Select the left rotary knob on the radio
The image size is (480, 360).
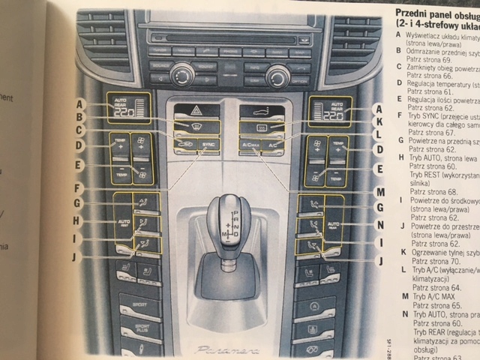tap(181, 73)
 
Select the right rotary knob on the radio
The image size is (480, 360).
tap(277, 74)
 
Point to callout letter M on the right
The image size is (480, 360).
tap(382, 192)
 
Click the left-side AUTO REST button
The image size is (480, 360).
tap(123, 223)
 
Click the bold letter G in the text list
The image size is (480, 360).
tap(400, 140)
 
